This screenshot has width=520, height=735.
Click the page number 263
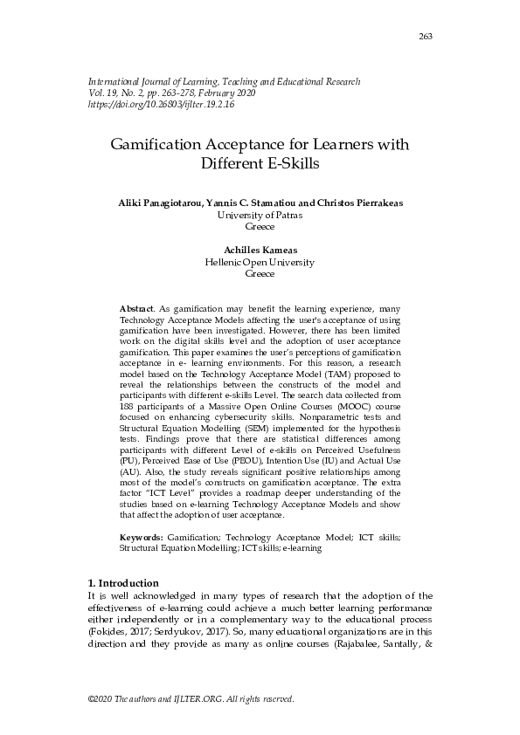coord(426,36)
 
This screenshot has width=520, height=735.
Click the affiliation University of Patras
coord(260,214)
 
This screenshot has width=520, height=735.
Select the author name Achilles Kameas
coord(260,250)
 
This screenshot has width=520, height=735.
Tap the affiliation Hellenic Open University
coord(260,261)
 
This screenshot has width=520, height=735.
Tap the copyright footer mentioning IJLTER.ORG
coord(191,699)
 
